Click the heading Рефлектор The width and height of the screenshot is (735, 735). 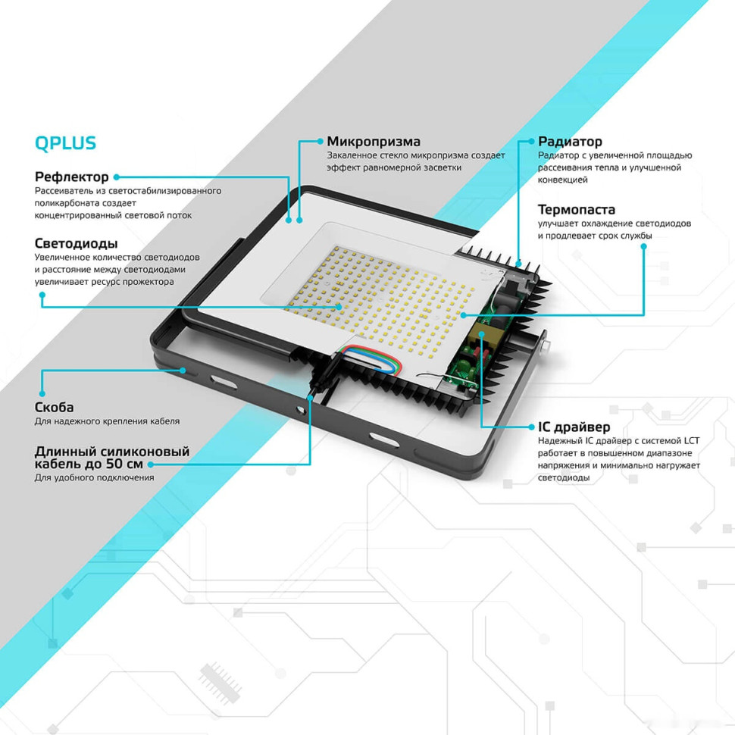(x=72, y=177)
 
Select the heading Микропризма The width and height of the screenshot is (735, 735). (x=373, y=142)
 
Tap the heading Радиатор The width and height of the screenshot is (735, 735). (x=570, y=142)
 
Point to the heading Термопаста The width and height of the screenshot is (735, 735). (x=576, y=210)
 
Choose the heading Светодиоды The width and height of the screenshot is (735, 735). (x=76, y=243)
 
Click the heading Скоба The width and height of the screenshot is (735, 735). (x=55, y=407)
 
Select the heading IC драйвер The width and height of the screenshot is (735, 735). (x=574, y=427)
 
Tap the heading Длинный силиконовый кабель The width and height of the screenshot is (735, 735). (x=111, y=457)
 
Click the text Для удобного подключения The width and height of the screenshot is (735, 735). (x=94, y=477)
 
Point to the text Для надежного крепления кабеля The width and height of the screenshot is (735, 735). (x=107, y=421)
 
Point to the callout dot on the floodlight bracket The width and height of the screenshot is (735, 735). (x=183, y=370)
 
